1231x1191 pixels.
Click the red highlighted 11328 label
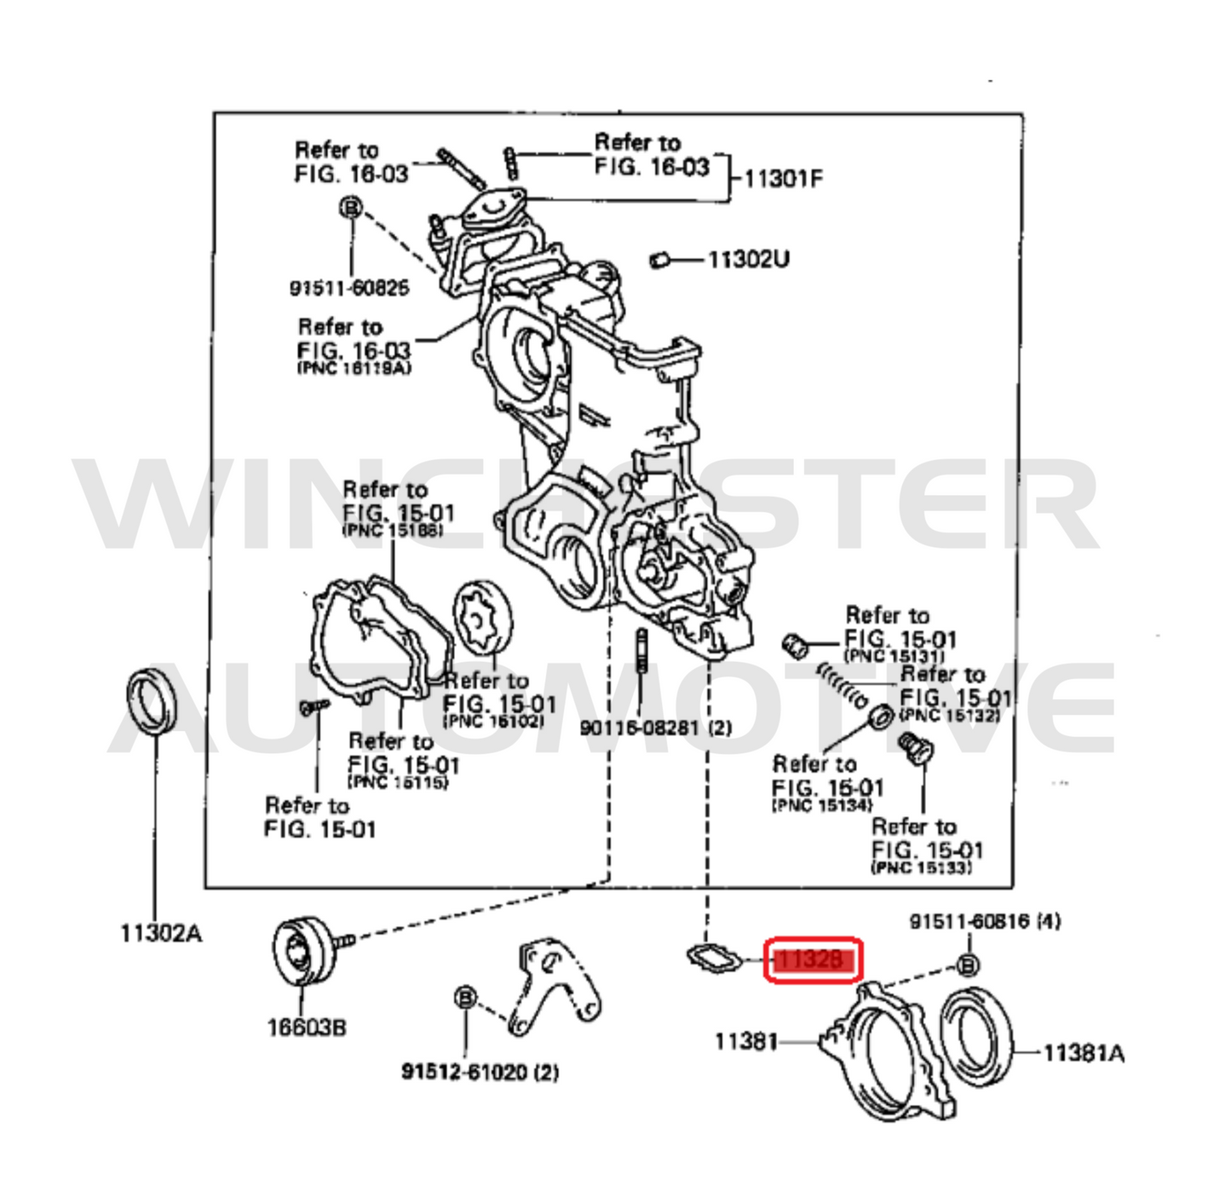(813, 960)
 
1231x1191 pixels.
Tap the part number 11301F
(783, 179)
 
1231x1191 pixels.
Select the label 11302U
(748, 258)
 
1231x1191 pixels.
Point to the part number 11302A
(160, 934)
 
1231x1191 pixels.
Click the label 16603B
(307, 1027)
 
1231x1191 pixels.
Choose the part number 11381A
(1083, 1054)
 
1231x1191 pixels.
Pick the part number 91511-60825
(349, 288)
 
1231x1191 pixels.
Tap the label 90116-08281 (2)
(655, 728)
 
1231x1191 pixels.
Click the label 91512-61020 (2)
(480, 1071)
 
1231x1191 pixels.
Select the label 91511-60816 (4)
(985, 921)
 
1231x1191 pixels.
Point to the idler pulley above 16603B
(304, 952)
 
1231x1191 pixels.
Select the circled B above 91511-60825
(350, 207)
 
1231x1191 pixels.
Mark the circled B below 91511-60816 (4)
(968, 965)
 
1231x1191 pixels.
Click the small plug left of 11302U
(658, 259)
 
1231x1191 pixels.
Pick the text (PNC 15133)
(920, 868)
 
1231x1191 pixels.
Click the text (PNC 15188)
(392, 531)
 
